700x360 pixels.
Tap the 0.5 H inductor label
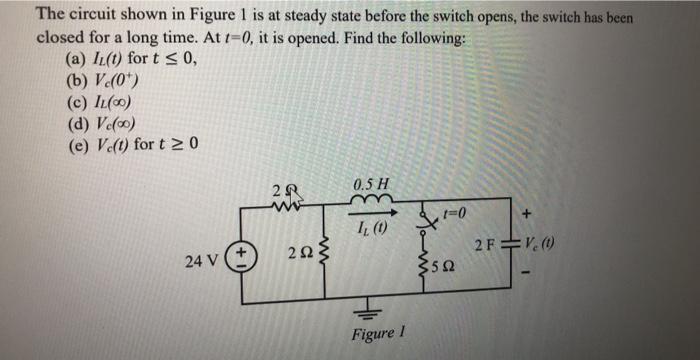(371, 185)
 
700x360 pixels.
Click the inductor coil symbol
(372, 207)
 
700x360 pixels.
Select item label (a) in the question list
(74, 58)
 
